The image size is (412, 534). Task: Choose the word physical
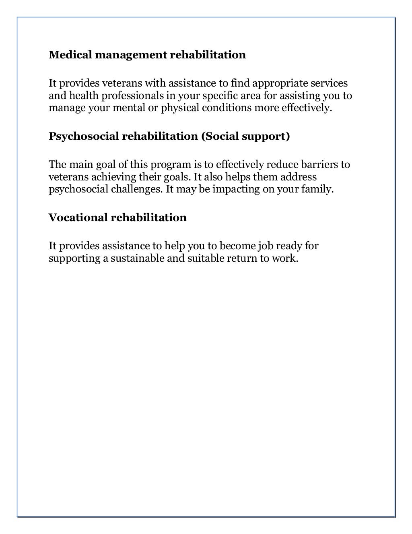pos(179,108)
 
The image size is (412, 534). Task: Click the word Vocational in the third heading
pos(78,218)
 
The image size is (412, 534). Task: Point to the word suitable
pos(206,258)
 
